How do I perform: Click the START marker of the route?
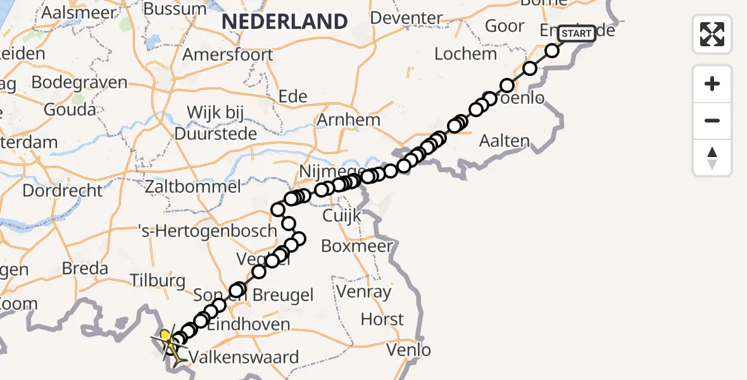(577, 34)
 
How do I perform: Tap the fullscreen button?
(712, 34)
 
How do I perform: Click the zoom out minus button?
(712, 120)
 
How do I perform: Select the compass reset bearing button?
(712, 158)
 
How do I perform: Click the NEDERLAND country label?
(285, 21)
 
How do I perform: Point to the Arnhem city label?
(349, 120)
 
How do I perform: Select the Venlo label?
(409, 349)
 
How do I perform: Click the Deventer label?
(406, 18)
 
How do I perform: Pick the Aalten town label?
(504, 141)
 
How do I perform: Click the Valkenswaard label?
(244, 357)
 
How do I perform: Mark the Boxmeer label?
(358, 246)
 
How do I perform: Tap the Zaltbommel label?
(192, 187)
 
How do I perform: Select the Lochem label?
(465, 54)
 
